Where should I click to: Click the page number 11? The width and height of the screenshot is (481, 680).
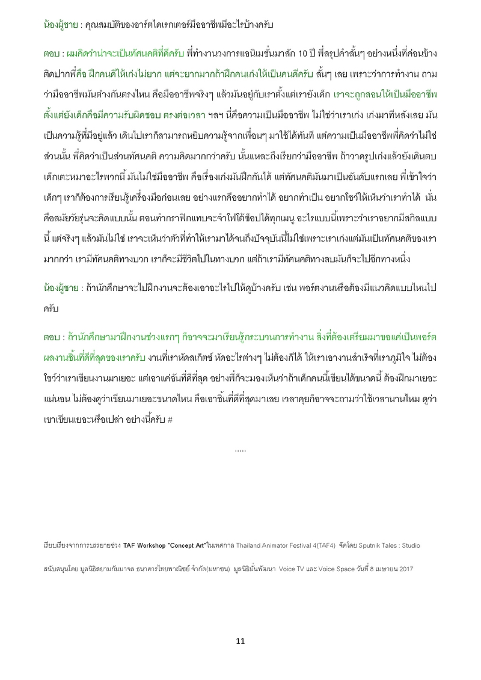pyautogui.click(x=240, y=641)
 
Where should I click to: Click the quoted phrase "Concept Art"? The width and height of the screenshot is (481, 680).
pyautogui.click(x=188, y=545)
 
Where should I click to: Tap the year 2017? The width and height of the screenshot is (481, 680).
pyautogui.click(x=406, y=568)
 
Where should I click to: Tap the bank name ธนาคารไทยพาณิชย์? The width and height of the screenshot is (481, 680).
pyautogui.click(x=168, y=568)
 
